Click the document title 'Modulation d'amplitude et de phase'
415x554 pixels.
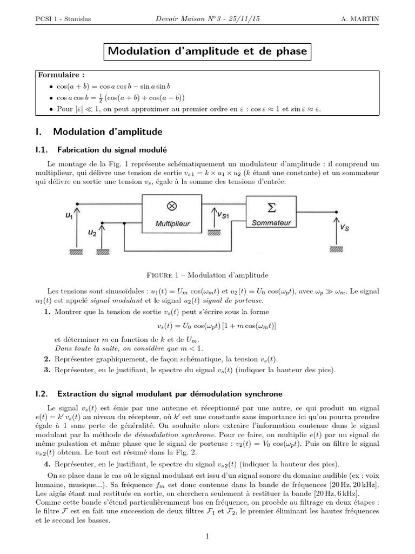pos(207,52)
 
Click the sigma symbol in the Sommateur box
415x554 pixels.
pos(272,207)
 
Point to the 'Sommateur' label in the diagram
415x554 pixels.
pos(272,222)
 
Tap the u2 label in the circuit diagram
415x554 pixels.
pos(92,233)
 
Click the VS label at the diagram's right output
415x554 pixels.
pos(345,228)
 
